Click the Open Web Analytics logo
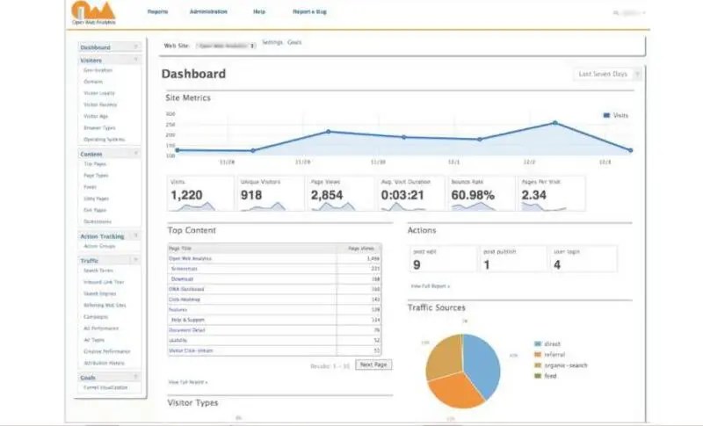pos(91,14)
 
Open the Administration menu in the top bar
pos(207,11)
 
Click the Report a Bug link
pos(308,11)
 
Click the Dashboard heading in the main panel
pos(193,75)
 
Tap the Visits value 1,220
pos(186,195)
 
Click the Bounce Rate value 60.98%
pos(473,195)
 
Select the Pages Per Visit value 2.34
pos(534,195)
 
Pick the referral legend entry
pos(556,355)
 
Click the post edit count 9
pos(417,264)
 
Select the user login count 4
pos(557,264)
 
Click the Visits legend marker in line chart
pos(606,115)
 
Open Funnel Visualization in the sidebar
pos(105,387)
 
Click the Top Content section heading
pos(192,231)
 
